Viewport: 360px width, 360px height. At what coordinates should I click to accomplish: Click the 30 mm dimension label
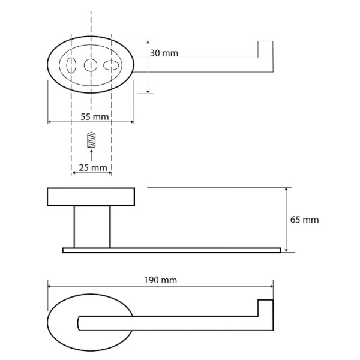click(x=164, y=54)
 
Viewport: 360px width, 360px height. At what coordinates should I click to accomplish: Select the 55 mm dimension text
click(x=91, y=116)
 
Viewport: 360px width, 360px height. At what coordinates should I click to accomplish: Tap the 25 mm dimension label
click(x=92, y=167)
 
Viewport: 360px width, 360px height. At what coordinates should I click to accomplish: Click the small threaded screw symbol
click(x=91, y=140)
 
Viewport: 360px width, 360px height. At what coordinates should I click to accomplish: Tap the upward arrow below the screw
click(x=91, y=155)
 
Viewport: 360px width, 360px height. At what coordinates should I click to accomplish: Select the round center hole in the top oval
click(x=91, y=65)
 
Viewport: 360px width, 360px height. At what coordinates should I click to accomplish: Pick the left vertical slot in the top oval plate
click(x=71, y=65)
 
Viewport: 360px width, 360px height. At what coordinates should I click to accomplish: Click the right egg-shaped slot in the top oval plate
click(x=112, y=65)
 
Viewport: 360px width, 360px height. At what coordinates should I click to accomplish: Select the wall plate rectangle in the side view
click(x=91, y=197)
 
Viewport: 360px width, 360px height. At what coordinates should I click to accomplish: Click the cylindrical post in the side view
click(x=92, y=226)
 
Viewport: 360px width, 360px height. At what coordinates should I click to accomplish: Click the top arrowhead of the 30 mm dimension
click(x=148, y=42)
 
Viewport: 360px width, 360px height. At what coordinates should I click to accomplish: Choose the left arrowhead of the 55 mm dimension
click(x=50, y=122)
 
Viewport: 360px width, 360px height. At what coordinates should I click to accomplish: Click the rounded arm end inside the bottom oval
click(x=82, y=323)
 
